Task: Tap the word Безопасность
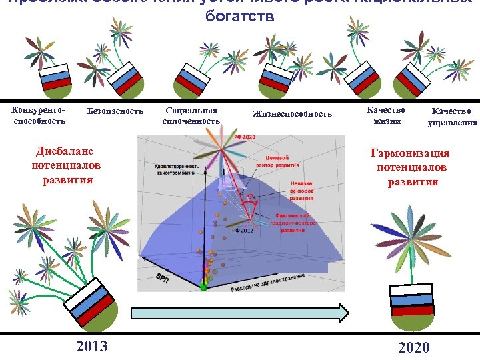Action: click(x=115, y=111)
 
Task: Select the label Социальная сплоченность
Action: click(x=191, y=115)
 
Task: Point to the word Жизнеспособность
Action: click(x=292, y=114)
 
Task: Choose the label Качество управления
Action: click(x=452, y=117)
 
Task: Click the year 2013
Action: click(x=92, y=346)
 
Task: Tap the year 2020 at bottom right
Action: click(x=413, y=347)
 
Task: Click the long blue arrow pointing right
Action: click(x=240, y=313)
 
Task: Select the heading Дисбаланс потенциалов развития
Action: click(x=62, y=165)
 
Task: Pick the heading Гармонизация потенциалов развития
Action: click(x=410, y=167)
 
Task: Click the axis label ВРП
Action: click(x=163, y=275)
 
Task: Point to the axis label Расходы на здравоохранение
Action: click(x=267, y=283)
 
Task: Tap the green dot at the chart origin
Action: click(x=204, y=287)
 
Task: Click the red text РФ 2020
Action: click(x=245, y=137)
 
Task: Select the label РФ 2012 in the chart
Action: click(x=243, y=229)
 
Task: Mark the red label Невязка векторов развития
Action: click(x=301, y=189)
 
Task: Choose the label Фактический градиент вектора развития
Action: click(x=293, y=223)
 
